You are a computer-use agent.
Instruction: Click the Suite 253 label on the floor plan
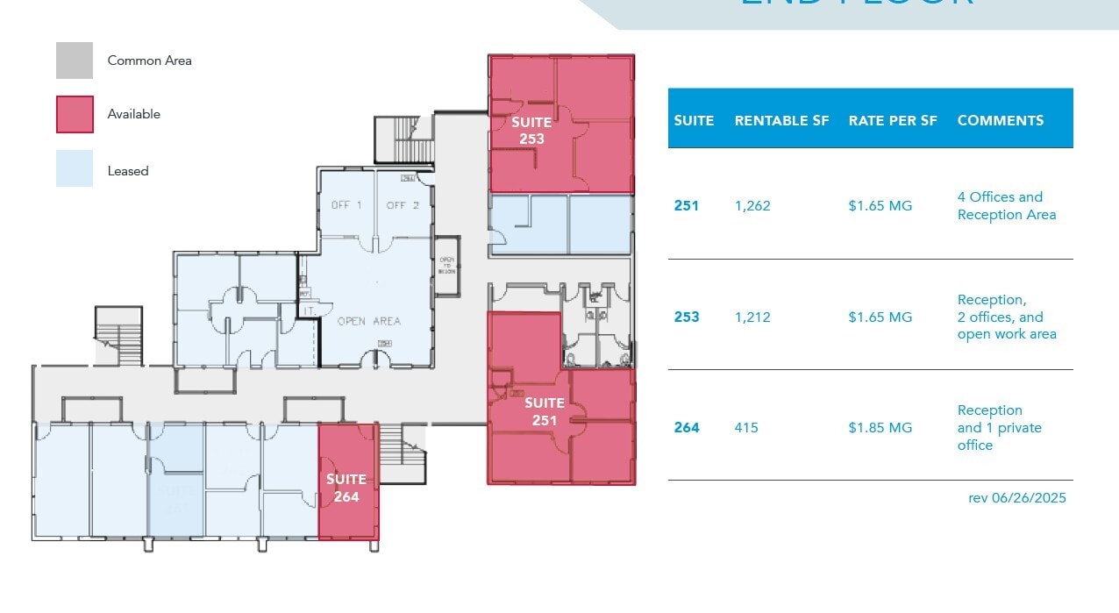click(531, 131)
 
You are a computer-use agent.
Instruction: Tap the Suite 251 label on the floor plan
click(545, 411)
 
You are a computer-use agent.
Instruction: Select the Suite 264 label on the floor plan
click(346, 488)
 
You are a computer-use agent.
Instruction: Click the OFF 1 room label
click(346, 205)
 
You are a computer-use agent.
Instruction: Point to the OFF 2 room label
click(403, 205)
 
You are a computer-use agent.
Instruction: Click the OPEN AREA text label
click(369, 322)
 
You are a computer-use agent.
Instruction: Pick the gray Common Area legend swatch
click(75, 61)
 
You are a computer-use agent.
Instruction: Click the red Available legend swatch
click(75, 114)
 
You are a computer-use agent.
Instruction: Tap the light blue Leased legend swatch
click(75, 168)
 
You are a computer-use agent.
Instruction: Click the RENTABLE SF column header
click(781, 121)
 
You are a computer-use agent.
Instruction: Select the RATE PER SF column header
click(893, 121)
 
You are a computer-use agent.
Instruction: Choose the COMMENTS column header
click(1001, 121)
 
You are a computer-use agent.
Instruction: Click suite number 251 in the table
click(687, 206)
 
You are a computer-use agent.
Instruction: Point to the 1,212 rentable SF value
click(752, 317)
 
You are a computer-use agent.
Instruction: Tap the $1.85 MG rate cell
click(880, 428)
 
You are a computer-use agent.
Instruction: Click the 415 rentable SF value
click(746, 428)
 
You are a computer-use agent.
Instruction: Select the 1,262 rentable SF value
click(752, 206)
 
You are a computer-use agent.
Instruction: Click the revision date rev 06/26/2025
click(1016, 497)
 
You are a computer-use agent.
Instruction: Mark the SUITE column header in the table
click(694, 121)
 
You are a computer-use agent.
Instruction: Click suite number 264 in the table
click(687, 428)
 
